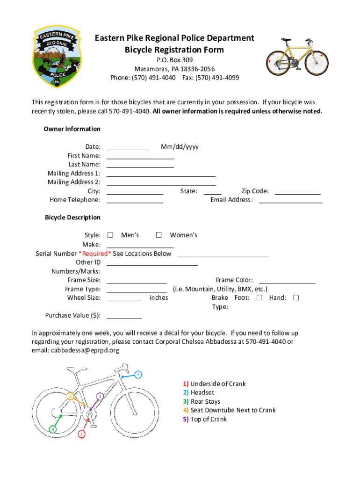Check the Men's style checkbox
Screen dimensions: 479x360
coord(110,235)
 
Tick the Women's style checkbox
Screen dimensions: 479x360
coord(159,235)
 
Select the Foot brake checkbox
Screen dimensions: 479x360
coord(259,298)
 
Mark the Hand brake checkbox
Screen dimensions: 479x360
coord(295,298)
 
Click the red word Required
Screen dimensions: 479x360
coord(95,254)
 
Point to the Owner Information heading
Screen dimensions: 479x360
coord(72,129)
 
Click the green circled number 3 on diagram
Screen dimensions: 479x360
coord(53,428)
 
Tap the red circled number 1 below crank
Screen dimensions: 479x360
coord(82,435)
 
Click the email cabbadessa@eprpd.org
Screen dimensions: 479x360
coord(85,350)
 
